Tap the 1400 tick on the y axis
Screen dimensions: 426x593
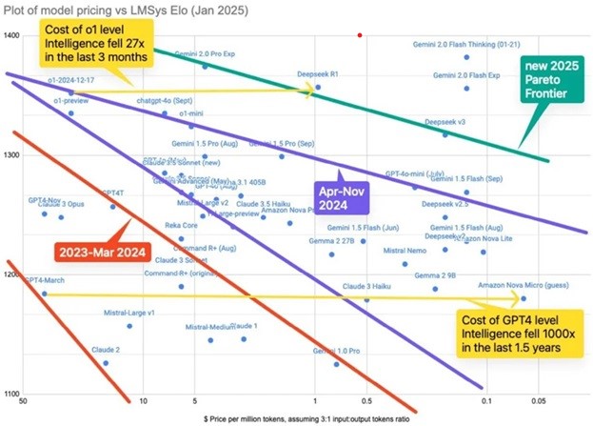tap(12, 35)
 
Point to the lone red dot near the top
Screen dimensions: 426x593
tap(359, 35)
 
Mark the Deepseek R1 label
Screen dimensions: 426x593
tap(319, 73)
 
